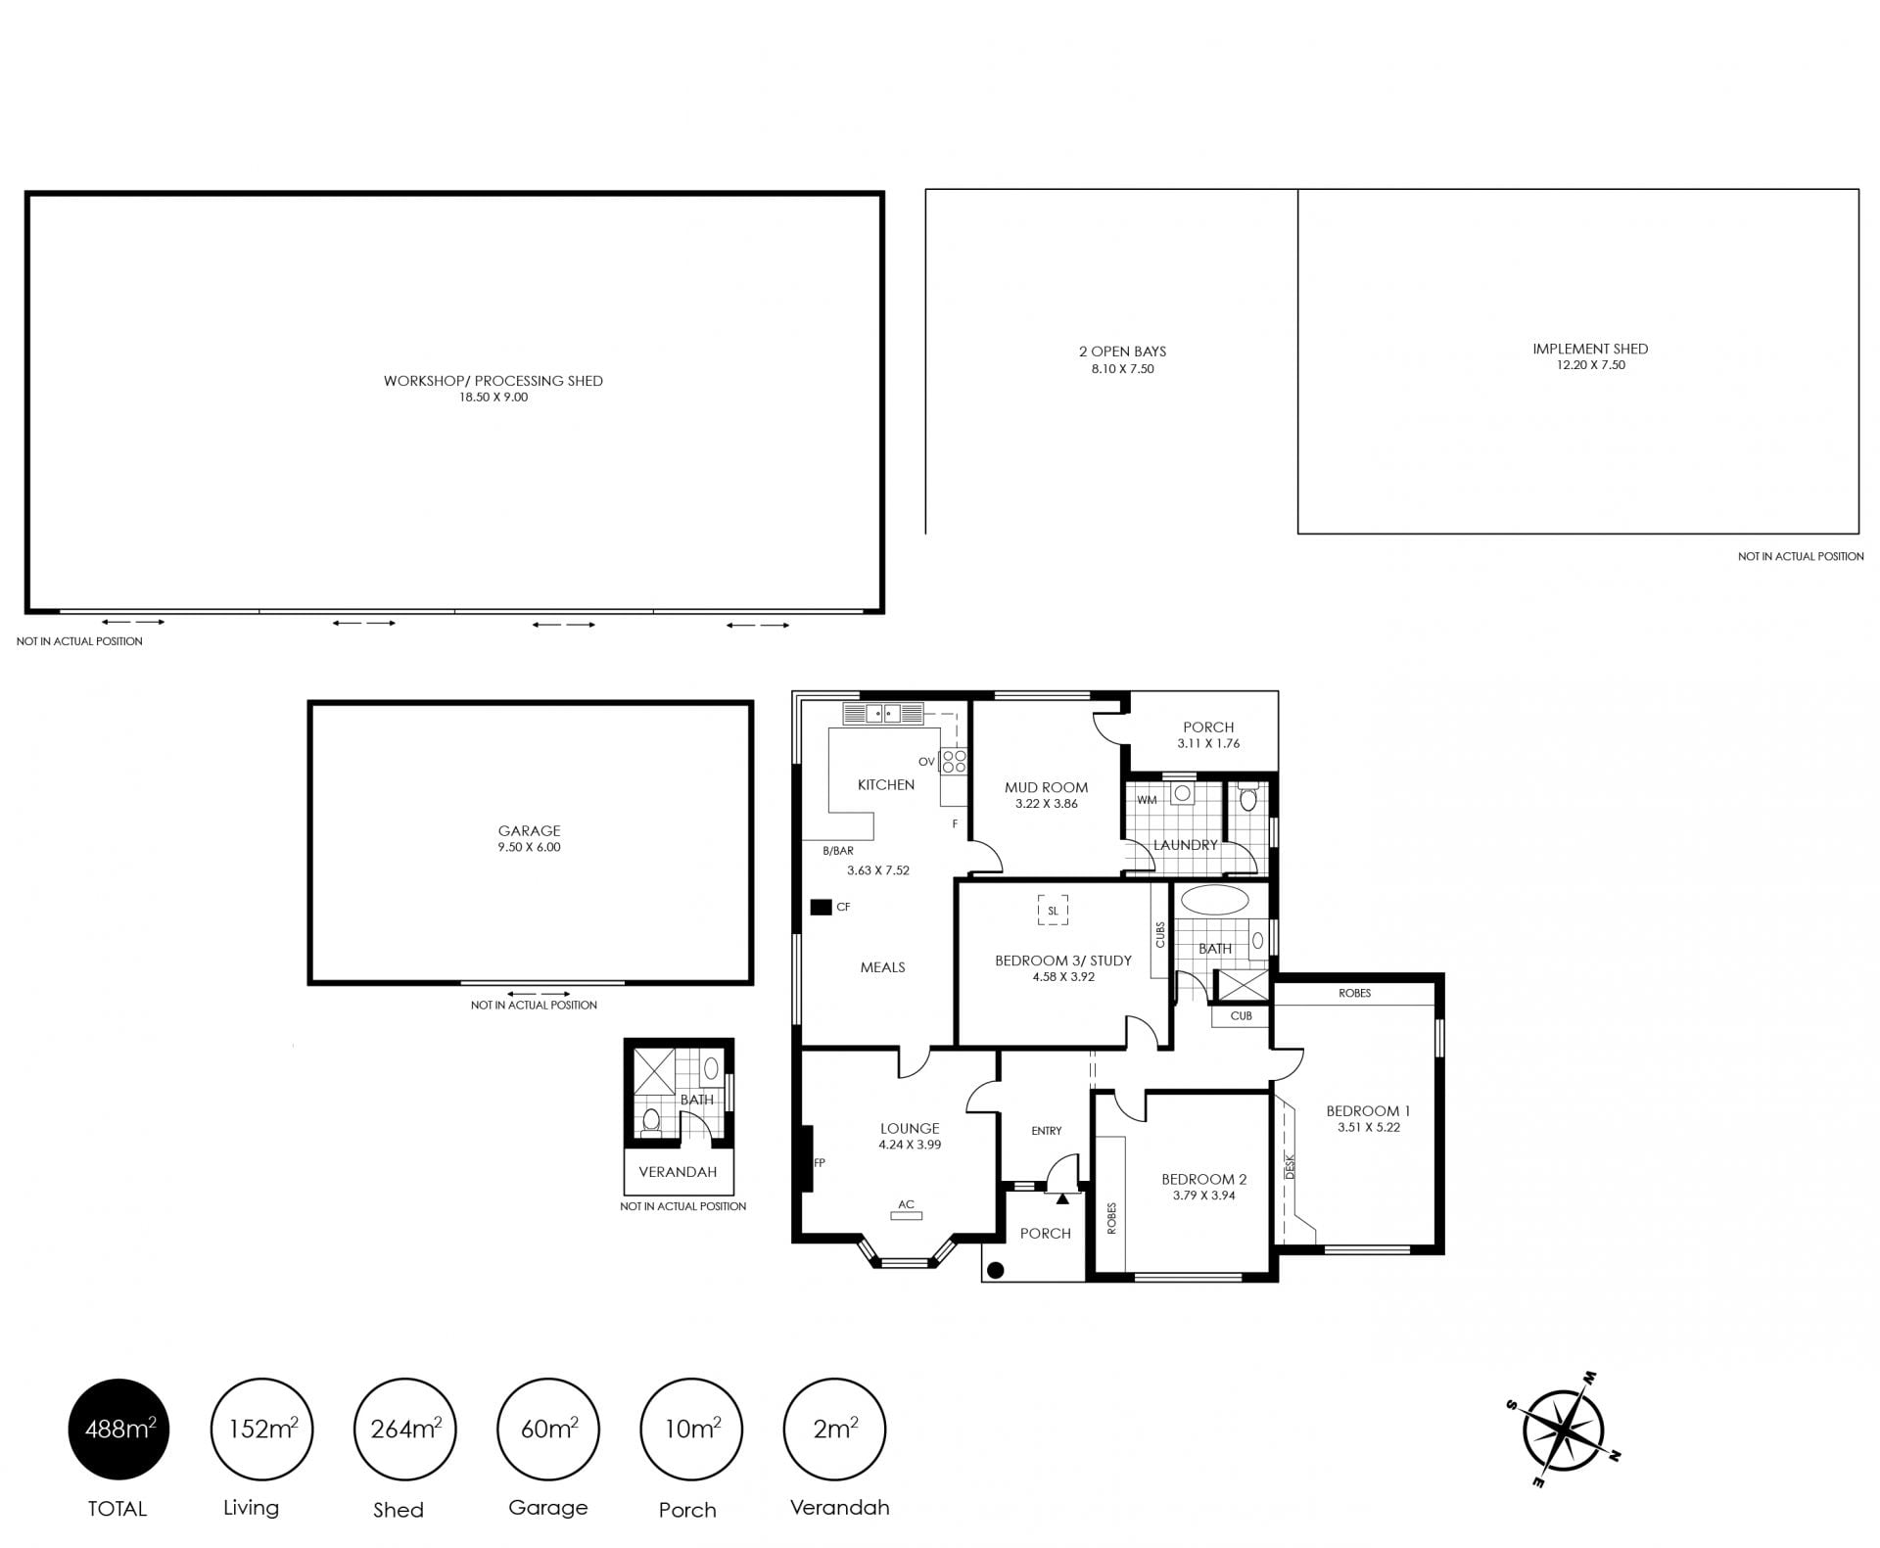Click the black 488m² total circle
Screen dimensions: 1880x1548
[x=118, y=1430]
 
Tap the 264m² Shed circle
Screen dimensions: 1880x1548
[x=405, y=1430]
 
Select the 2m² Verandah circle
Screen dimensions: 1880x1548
[x=835, y=1430]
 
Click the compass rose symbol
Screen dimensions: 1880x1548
[x=1563, y=1431]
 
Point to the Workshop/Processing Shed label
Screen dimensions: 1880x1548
[x=493, y=381]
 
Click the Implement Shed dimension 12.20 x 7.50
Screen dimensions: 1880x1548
[x=1590, y=365]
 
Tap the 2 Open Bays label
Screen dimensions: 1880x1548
[x=1122, y=352]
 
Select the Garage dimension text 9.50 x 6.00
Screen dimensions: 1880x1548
[x=529, y=848]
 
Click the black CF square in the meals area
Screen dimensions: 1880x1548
[x=821, y=908]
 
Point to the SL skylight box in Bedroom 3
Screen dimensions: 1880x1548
[x=1053, y=911]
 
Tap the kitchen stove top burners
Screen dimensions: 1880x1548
[x=954, y=761]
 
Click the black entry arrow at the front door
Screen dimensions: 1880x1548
[x=1062, y=1197]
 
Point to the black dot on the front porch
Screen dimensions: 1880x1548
[x=996, y=1271]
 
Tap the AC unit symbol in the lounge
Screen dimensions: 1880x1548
[x=906, y=1216]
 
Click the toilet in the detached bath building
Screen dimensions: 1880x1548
[x=650, y=1120]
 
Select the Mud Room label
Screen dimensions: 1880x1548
[x=1046, y=787]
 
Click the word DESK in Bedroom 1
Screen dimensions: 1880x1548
[x=1290, y=1165]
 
